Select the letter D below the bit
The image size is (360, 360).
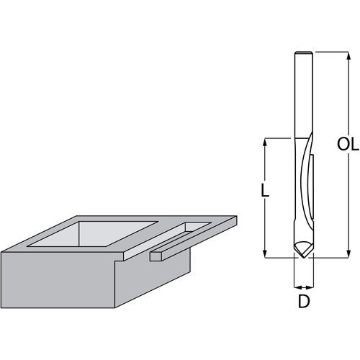coord(304,302)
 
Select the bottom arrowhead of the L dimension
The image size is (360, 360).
coord(265,252)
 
